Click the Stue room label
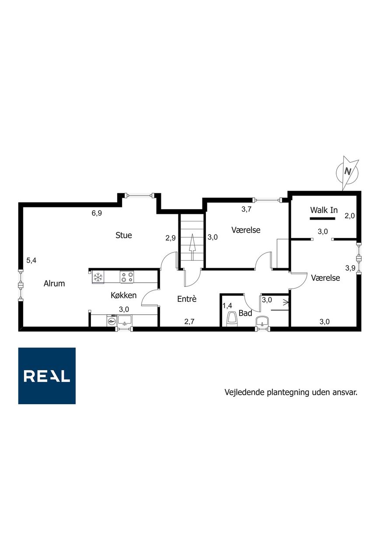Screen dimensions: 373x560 (x=123, y=235)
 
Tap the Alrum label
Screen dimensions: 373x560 (x=54, y=283)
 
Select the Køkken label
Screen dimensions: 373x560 (x=123, y=295)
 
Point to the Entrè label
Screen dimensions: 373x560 (x=187, y=299)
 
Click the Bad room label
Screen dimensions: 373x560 (x=245, y=313)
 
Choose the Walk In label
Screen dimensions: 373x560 (x=324, y=210)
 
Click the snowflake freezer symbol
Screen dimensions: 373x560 (x=98, y=277)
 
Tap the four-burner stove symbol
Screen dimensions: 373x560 (x=127, y=277)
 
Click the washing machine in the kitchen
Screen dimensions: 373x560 (x=112, y=320)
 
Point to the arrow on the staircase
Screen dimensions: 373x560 (x=192, y=247)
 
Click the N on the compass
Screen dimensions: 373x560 (x=348, y=171)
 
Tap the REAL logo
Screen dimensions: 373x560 (x=47, y=376)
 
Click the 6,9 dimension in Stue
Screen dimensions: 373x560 (x=97, y=213)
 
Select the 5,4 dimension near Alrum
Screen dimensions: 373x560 (x=31, y=260)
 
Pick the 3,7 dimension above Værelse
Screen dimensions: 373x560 (x=246, y=209)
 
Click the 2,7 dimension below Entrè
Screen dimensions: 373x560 (x=189, y=322)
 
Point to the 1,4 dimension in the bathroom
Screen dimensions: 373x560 (x=227, y=305)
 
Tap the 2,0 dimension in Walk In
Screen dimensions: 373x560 (x=349, y=216)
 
